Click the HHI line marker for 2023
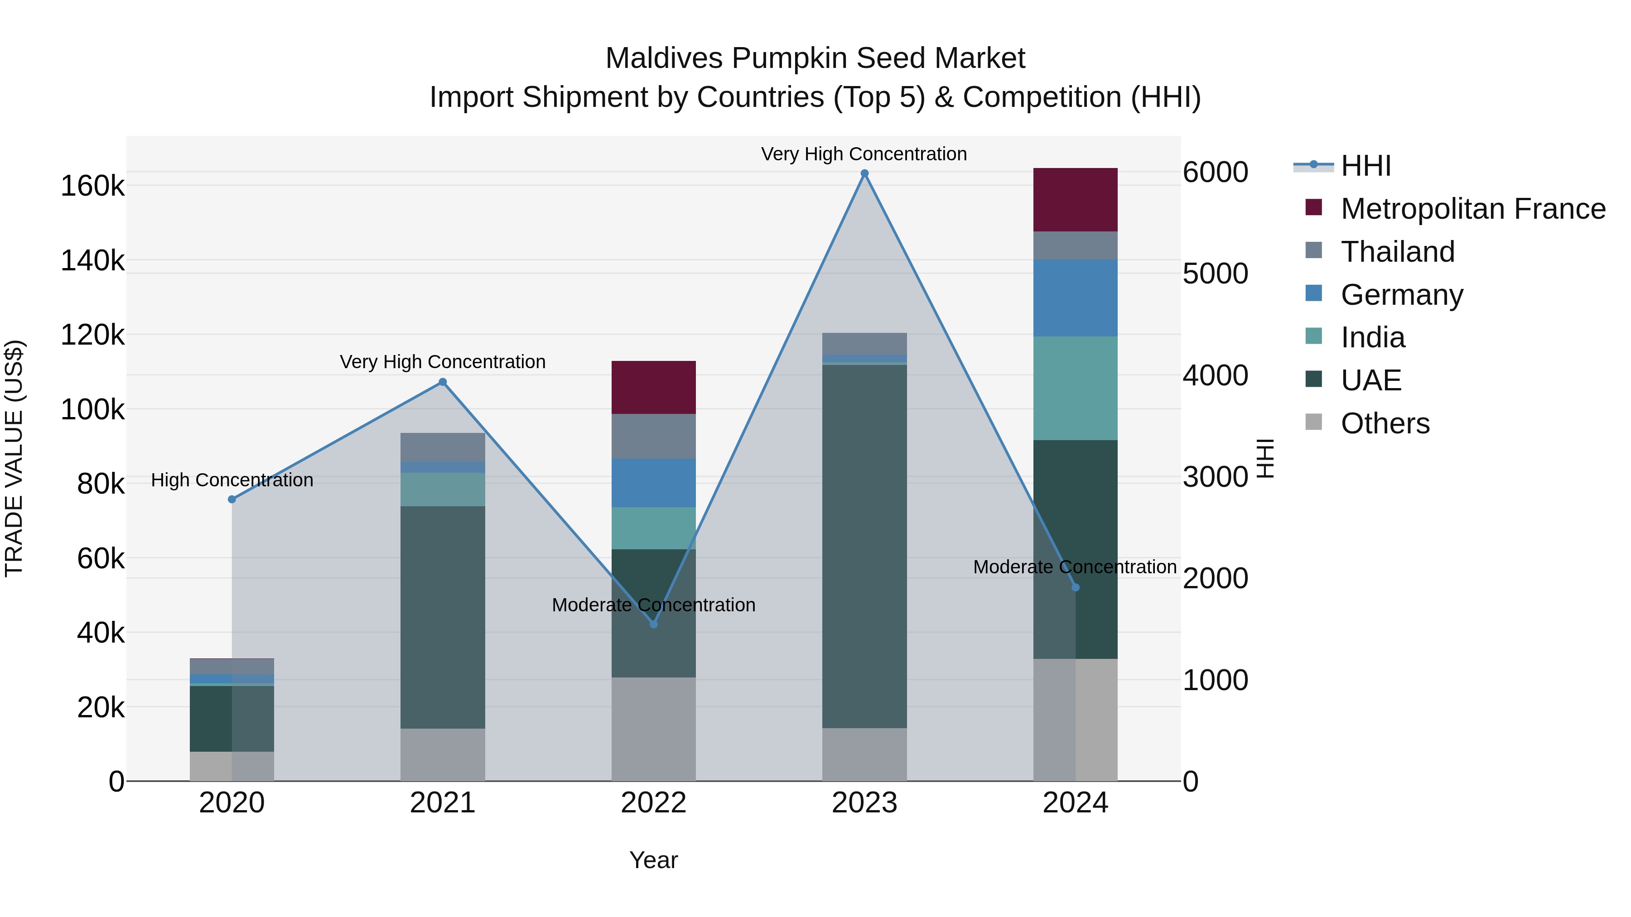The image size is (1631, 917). click(x=864, y=173)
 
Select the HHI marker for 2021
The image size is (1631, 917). click(x=443, y=382)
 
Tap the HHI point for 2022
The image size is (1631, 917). click(x=653, y=624)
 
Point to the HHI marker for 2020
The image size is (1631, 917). click(x=232, y=499)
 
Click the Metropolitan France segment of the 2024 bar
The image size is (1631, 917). click(x=1075, y=200)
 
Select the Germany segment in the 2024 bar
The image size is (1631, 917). click(x=1075, y=298)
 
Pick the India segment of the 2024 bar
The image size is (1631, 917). click(x=1075, y=388)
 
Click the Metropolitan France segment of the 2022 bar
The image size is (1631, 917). click(x=653, y=387)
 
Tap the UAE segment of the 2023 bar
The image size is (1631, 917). click(x=864, y=546)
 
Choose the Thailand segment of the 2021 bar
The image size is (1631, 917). click(x=443, y=447)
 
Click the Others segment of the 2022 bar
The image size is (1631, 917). click(x=653, y=729)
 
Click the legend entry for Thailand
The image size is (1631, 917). click(x=1397, y=252)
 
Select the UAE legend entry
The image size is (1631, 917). click(x=1371, y=380)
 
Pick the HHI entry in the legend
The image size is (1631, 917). click(x=1366, y=166)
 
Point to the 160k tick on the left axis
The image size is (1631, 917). click(x=92, y=186)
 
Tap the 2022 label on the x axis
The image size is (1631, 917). click(x=653, y=803)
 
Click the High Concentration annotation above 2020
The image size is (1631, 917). click(x=232, y=480)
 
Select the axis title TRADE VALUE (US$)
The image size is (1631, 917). click(x=14, y=458)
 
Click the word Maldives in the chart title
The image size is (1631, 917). click(x=664, y=58)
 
